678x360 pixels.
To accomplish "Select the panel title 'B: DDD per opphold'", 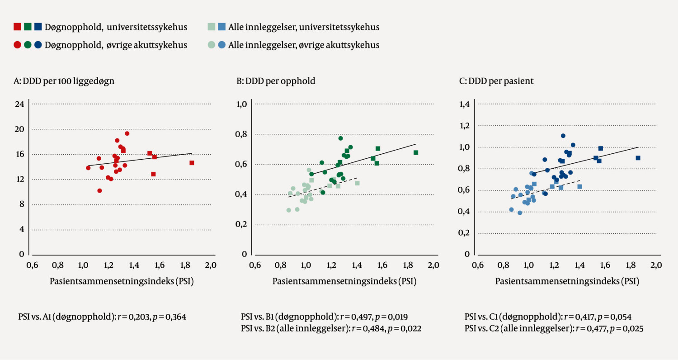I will click(x=276, y=81).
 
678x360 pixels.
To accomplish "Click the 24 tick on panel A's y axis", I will click(x=19, y=104).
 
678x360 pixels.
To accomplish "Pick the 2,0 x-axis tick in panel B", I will click(x=433, y=265).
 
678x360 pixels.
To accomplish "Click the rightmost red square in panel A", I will click(x=192, y=163).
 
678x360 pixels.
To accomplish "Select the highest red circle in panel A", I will click(x=127, y=133).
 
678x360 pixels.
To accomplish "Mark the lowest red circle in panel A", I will click(x=99, y=191).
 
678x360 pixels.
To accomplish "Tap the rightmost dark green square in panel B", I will click(x=416, y=152).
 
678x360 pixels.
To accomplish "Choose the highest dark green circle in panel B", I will click(x=341, y=138).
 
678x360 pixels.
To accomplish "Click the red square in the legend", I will click(x=17, y=27).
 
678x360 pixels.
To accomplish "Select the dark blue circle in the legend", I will click(x=38, y=45).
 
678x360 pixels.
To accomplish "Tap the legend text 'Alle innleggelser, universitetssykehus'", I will click(x=304, y=27).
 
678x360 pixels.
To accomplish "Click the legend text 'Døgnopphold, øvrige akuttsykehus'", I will click(x=116, y=45).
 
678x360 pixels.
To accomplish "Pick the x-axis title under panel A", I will click(x=122, y=281).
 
